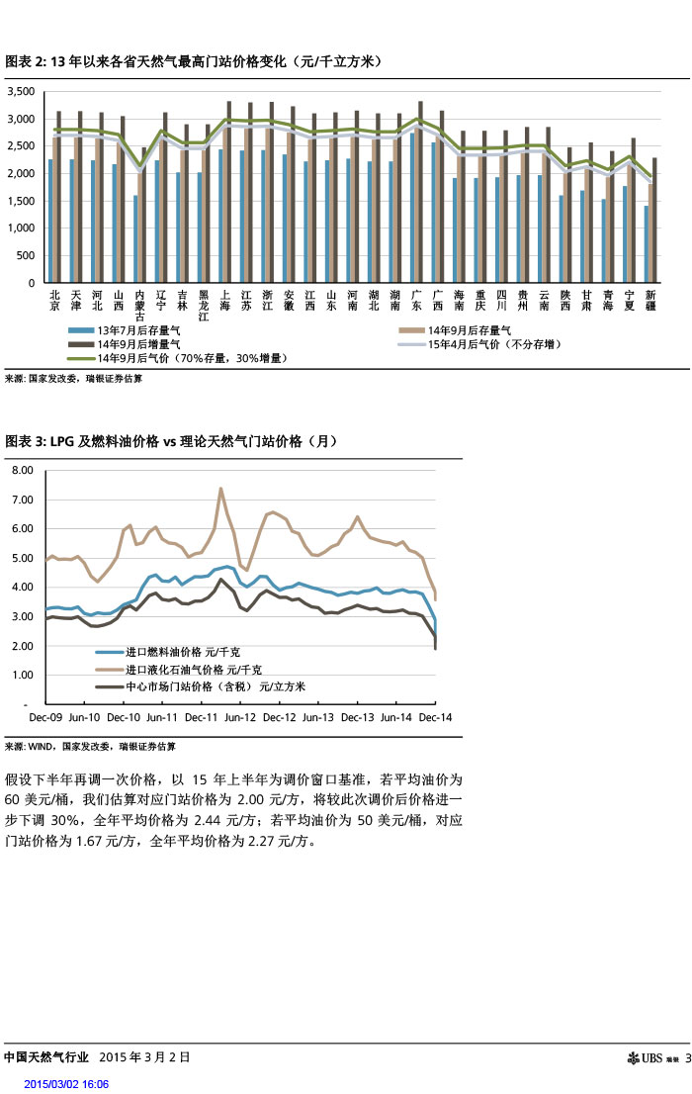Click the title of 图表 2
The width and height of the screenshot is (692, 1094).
[193, 61]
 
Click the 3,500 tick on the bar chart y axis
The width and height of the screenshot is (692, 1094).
[21, 92]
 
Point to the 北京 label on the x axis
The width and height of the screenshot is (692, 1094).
[54, 300]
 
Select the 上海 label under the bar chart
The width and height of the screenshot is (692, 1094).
[226, 300]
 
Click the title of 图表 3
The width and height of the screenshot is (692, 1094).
[171, 441]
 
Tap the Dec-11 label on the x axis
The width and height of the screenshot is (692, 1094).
[201, 716]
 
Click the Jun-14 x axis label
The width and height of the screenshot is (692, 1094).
[396, 716]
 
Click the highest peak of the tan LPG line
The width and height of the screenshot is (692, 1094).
[220, 488]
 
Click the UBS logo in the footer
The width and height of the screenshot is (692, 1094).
[652, 1059]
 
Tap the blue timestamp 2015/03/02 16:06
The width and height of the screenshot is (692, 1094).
[66, 1084]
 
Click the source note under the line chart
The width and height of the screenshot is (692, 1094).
[89, 746]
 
